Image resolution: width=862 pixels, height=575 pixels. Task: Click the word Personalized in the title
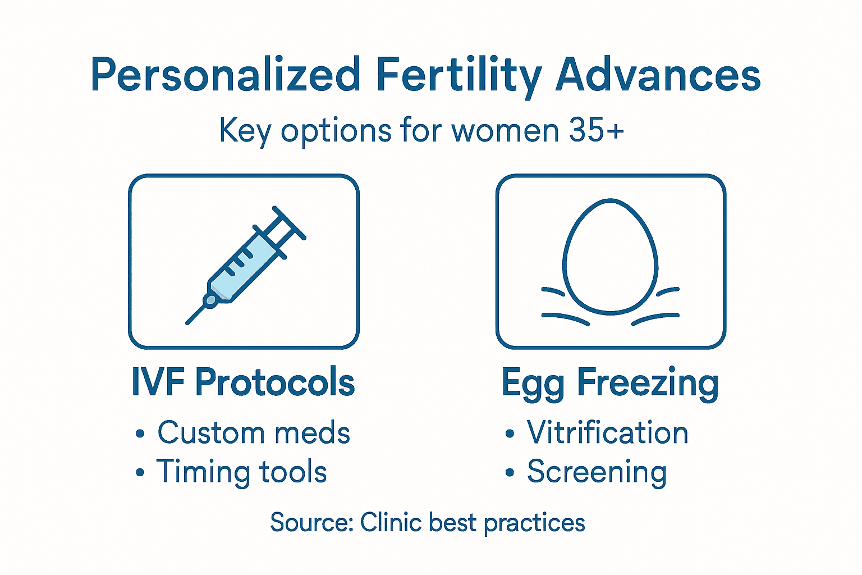coord(225,75)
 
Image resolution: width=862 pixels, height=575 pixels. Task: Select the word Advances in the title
coord(658,75)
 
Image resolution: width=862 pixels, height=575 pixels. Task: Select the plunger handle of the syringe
coord(289,222)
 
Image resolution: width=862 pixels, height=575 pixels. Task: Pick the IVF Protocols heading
coord(243,382)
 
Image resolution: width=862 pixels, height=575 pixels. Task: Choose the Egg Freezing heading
coord(610,384)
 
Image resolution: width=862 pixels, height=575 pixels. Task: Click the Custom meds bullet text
coord(254,433)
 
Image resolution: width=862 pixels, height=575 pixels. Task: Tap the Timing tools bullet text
coord(241,471)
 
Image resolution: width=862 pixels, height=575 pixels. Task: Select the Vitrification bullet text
coord(607,433)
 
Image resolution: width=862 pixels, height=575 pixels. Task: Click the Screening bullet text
coord(597,472)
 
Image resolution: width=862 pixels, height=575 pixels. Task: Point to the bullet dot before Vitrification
coord(509,434)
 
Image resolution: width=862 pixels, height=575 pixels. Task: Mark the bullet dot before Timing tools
coord(140,472)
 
